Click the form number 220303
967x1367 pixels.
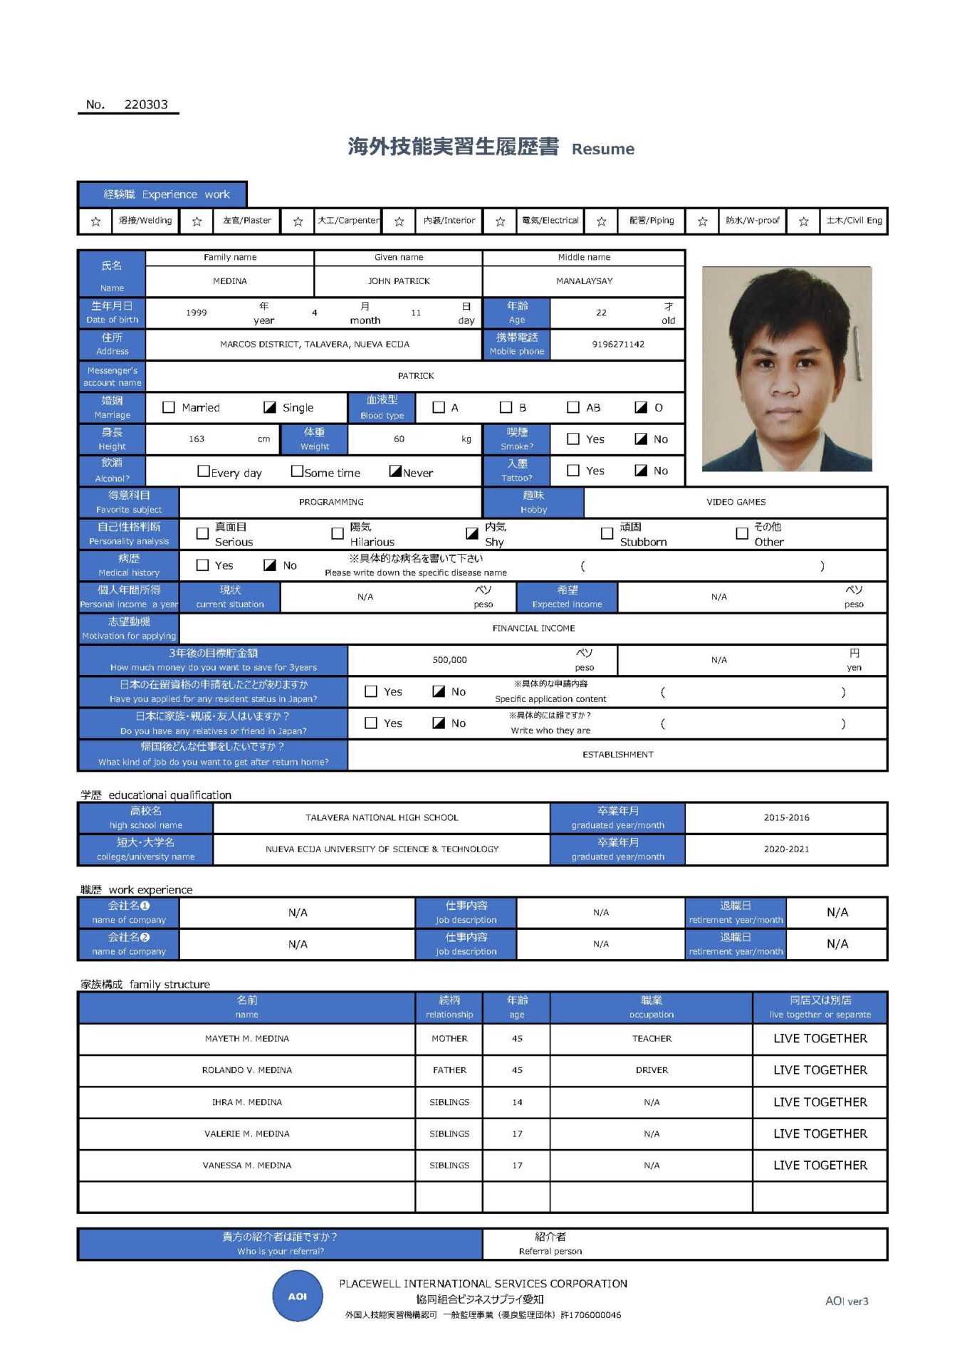pos(146,105)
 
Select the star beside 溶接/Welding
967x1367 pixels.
pos(96,221)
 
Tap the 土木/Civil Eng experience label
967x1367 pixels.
pos(854,221)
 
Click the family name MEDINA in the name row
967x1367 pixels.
pos(230,281)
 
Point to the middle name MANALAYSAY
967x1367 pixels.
pos(584,281)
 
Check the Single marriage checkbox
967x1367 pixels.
pos(270,407)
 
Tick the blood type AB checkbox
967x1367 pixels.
pos(573,407)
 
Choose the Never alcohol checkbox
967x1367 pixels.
pos(396,471)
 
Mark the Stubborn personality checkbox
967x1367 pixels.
pos(607,533)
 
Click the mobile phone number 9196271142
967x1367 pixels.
pos(618,345)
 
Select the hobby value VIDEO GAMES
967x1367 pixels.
pos(736,502)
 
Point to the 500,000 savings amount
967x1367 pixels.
pos(449,660)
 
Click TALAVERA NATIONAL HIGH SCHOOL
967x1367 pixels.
pos(382,818)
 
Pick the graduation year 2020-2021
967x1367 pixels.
pos(786,849)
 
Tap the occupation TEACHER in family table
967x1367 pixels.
pos(652,1039)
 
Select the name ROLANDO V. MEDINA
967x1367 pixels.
pos(247,1070)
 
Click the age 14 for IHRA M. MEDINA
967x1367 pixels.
pos(517,1102)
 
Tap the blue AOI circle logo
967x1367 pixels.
pos(298,1297)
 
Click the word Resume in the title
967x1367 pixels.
pos(602,150)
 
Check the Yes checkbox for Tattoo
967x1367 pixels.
pos(573,471)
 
